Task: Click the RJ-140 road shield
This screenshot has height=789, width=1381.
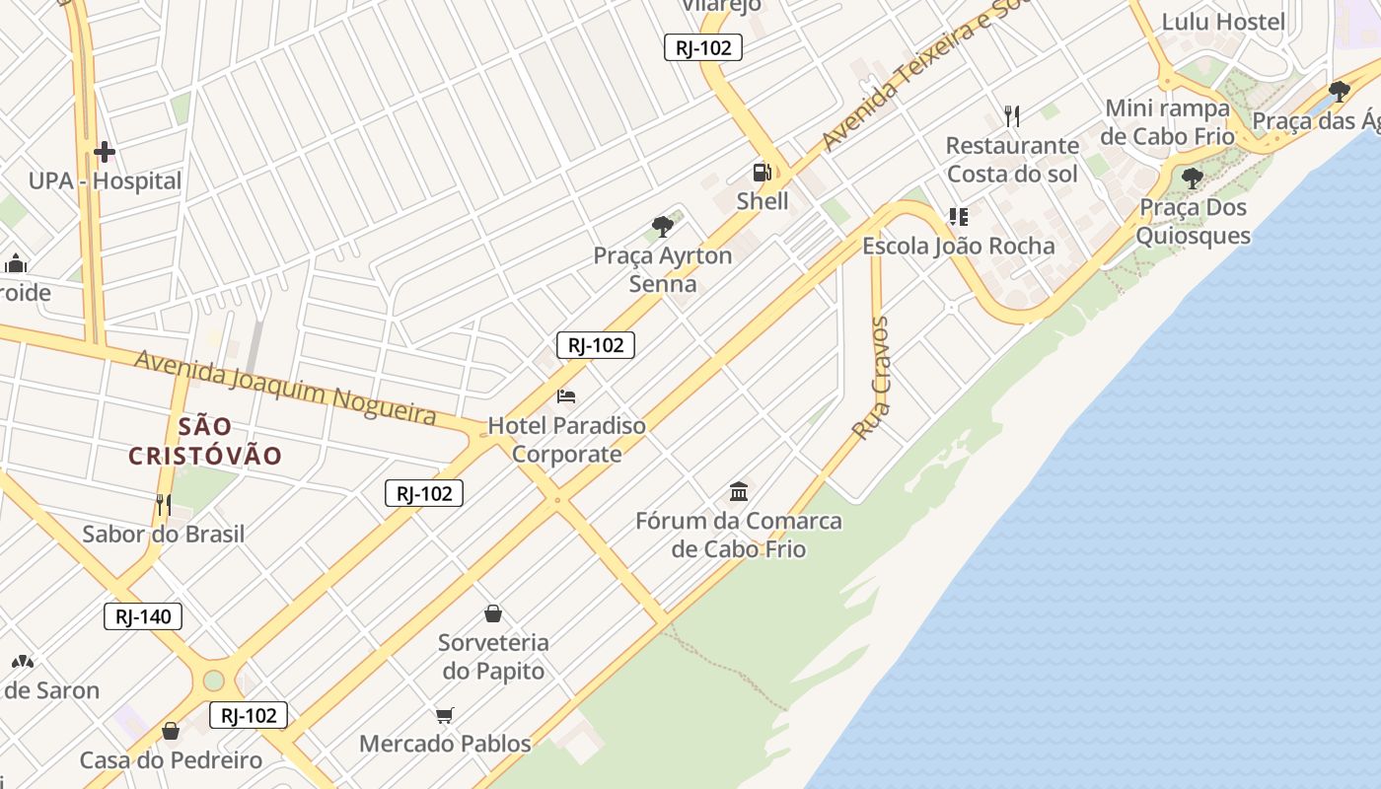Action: (x=143, y=617)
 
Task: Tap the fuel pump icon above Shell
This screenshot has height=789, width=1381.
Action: (x=762, y=173)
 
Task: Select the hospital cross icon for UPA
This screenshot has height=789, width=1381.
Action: (x=104, y=152)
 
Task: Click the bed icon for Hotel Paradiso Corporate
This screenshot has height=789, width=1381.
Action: (x=566, y=396)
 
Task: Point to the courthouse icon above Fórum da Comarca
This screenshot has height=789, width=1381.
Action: (x=739, y=491)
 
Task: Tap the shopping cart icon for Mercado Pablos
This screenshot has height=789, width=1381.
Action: (x=444, y=715)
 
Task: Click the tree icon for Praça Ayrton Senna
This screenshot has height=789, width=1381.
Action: (x=663, y=227)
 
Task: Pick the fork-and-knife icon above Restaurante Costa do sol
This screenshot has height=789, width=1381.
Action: (x=1011, y=116)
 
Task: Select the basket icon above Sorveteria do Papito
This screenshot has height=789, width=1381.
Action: (x=493, y=613)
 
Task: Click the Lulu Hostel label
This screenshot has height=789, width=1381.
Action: (x=1223, y=22)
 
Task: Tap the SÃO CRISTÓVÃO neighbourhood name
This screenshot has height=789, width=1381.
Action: (x=206, y=441)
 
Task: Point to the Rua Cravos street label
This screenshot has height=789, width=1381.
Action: (x=871, y=378)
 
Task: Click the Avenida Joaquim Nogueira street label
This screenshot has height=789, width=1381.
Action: (x=285, y=386)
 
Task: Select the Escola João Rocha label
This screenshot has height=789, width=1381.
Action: (x=959, y=246)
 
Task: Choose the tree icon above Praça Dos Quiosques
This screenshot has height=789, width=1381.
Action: (x=1192, y=179)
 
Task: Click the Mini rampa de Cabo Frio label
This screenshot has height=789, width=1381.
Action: (x=1167, y=122)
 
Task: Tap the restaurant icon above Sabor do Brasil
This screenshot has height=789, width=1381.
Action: (x=163, y=505)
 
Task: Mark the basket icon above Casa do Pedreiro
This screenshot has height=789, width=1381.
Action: (x=171, y=731)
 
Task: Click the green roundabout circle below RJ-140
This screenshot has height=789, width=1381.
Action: (x=214, y=681)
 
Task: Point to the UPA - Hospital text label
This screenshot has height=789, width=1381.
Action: (x=105, y=181)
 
